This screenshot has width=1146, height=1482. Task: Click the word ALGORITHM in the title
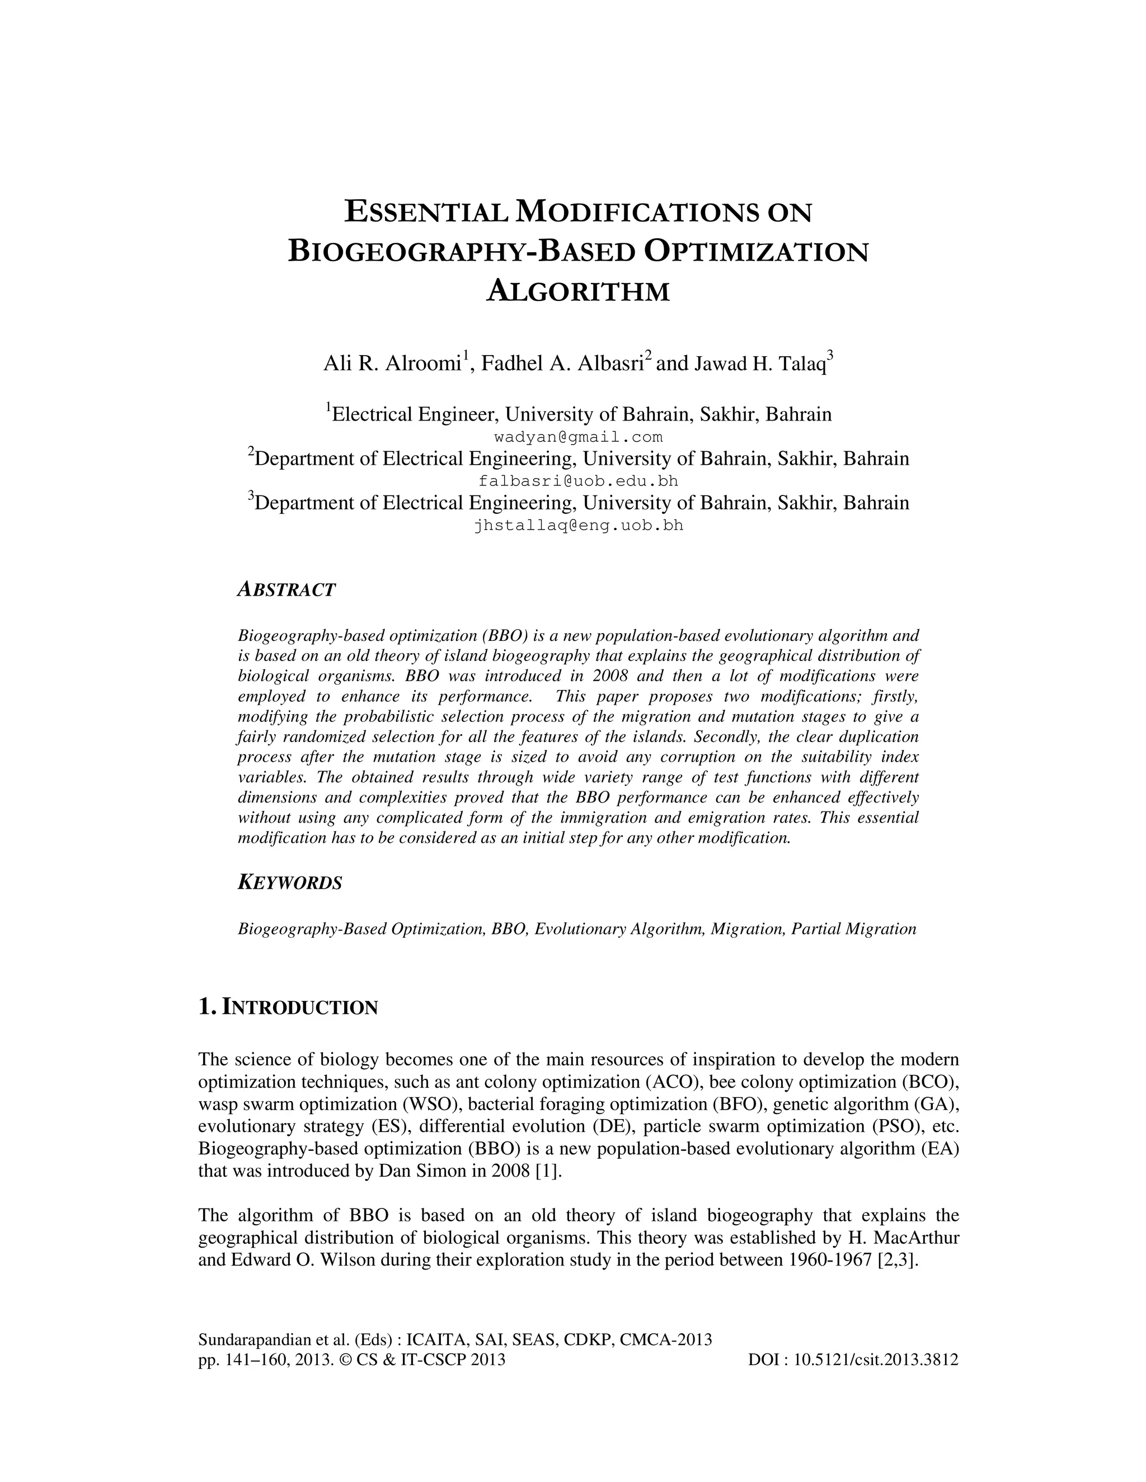[577, 291]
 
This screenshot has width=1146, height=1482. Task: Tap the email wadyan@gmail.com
[577, 437]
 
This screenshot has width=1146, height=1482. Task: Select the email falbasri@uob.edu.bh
[577, 481]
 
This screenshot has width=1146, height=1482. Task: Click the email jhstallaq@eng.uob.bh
[577, 525]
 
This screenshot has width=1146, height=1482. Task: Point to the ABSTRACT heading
[286, 589]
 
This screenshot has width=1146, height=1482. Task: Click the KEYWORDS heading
[289, 883]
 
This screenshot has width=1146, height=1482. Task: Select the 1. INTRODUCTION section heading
[288, 1007]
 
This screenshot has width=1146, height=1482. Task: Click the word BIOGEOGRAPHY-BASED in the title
[462, 252]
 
